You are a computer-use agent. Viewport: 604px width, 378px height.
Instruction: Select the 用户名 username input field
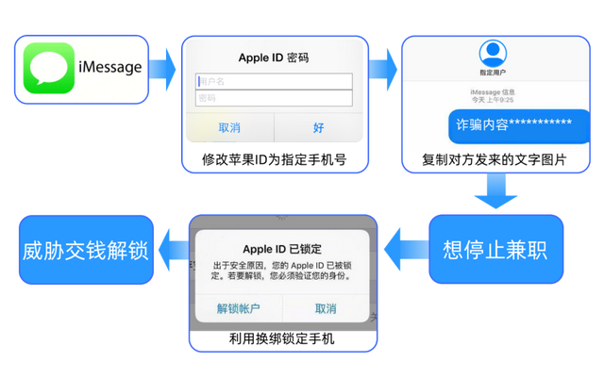[274, 81]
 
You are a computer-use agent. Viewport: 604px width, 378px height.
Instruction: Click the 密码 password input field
[274, 98]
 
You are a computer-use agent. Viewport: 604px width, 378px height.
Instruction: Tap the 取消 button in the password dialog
[229, 127]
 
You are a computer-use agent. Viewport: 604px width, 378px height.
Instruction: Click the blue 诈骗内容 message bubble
[512, 124]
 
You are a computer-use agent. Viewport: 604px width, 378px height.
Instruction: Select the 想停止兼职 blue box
[496, 250]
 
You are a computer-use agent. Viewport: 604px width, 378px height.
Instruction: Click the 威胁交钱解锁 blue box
[86, 251]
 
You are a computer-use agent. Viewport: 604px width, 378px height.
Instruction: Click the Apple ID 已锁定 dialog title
[282, 249]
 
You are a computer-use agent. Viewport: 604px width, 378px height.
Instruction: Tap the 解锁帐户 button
[238, 309]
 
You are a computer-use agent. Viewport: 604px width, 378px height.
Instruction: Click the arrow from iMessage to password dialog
[162, 68]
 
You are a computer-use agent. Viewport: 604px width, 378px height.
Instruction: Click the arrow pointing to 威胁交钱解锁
[171, 251]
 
